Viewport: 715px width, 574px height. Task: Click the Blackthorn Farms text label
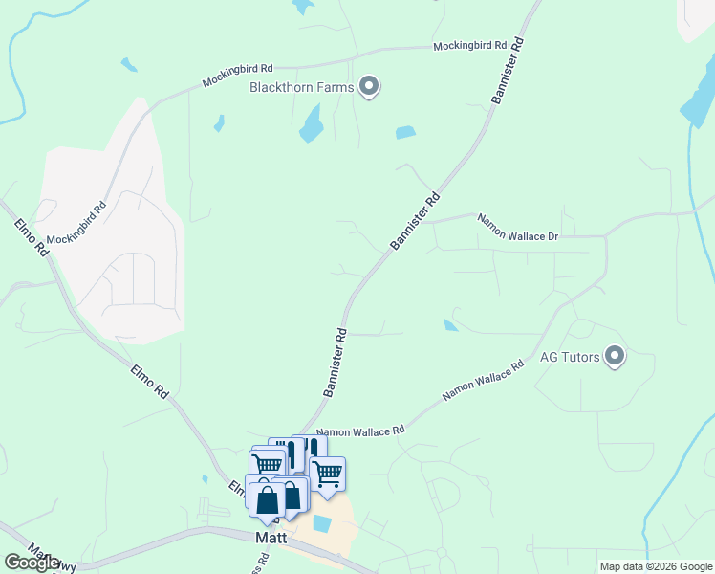(301, 88)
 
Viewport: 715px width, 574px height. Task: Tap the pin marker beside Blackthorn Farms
(369, 88)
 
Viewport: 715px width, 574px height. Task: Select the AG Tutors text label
(570, 358)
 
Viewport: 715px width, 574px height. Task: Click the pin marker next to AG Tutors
(615, 358)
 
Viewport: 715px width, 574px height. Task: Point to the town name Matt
(271, 538)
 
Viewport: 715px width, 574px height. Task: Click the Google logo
(32, 563)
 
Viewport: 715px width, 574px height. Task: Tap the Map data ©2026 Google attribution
(656, 566)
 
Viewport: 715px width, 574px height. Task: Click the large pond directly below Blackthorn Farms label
(312, 123)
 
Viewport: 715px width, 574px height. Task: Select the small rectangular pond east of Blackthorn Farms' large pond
(405, 133)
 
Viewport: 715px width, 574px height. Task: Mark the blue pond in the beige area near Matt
(322, 523)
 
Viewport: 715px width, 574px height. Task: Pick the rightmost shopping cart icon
(328, 473)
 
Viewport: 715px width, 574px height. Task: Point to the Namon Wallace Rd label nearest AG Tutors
(484, 381)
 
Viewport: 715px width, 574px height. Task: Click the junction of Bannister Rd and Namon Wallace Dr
(426, 222)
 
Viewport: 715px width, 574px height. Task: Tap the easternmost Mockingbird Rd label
(468, 45)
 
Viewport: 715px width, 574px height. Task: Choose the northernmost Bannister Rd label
(509, 72)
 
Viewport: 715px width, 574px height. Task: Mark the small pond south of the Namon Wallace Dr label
(450, 325)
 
